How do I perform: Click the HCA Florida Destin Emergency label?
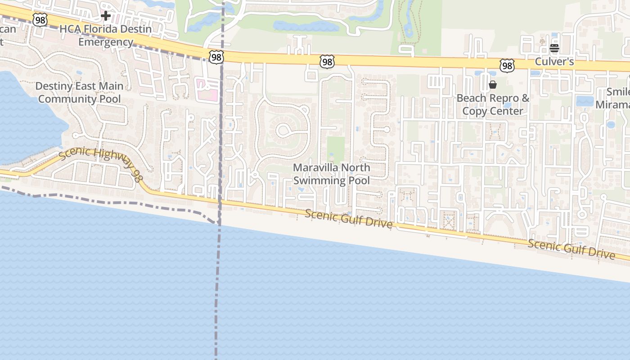click(106, 36)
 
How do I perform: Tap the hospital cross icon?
click(106, 16)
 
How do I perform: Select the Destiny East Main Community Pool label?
click(79, 92)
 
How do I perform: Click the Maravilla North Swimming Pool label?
click(332, 174)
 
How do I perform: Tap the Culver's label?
click(554, 62)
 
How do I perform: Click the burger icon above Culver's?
click(554, 48)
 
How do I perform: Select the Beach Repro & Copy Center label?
click(493, 104)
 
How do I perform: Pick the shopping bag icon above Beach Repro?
click(493, 85)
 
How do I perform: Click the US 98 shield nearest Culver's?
click(507, 66)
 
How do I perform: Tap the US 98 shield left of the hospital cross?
click(40, 19)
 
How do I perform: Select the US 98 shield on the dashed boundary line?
click(216, 57)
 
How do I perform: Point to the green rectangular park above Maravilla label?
click(335, 150)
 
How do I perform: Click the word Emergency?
click(106, 42)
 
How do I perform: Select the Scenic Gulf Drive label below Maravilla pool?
click(348, 219)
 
